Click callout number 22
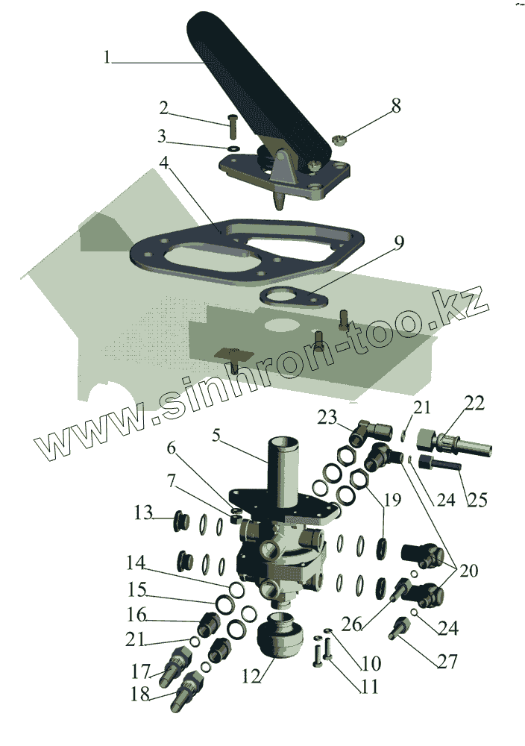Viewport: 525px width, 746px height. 474,404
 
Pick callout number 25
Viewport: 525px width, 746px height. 475,499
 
